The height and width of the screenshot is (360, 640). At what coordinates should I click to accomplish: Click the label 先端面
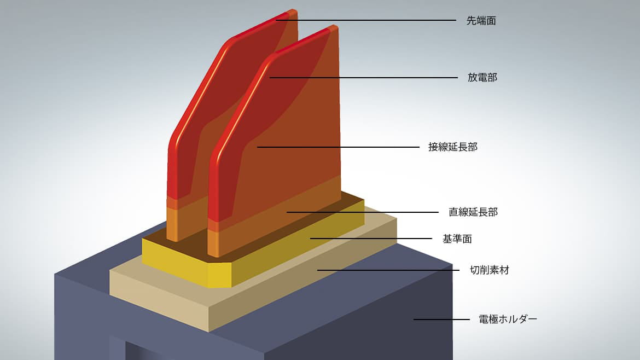tap(481, 21)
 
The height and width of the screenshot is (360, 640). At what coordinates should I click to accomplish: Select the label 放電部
tap(482, 78)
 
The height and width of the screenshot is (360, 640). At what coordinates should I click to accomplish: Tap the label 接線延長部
tap(453, 147)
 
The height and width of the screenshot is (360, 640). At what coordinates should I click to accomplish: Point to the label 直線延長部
tap(473, 212)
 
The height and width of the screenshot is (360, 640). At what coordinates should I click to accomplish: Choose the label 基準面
tap(457, 239)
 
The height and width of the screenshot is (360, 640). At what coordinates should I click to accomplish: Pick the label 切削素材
tap(490, 270)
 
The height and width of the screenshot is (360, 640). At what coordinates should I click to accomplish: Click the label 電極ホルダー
tap(508, 319)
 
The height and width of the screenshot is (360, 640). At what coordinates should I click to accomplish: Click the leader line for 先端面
tap(366, 20)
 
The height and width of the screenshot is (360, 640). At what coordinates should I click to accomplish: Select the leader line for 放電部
tap(364, 78)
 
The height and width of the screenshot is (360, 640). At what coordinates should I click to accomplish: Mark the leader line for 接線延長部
tap(338, 147)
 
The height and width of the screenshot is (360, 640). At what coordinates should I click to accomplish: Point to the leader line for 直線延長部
tap(363, 212)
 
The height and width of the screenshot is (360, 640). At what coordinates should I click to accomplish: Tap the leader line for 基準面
tap(371, 239)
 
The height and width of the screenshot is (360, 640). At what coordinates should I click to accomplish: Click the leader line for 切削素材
tap(388, 270)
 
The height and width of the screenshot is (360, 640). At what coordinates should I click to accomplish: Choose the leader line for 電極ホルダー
tap(441, 319)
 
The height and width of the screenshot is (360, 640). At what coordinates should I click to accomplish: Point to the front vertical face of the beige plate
tap(159, 298)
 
